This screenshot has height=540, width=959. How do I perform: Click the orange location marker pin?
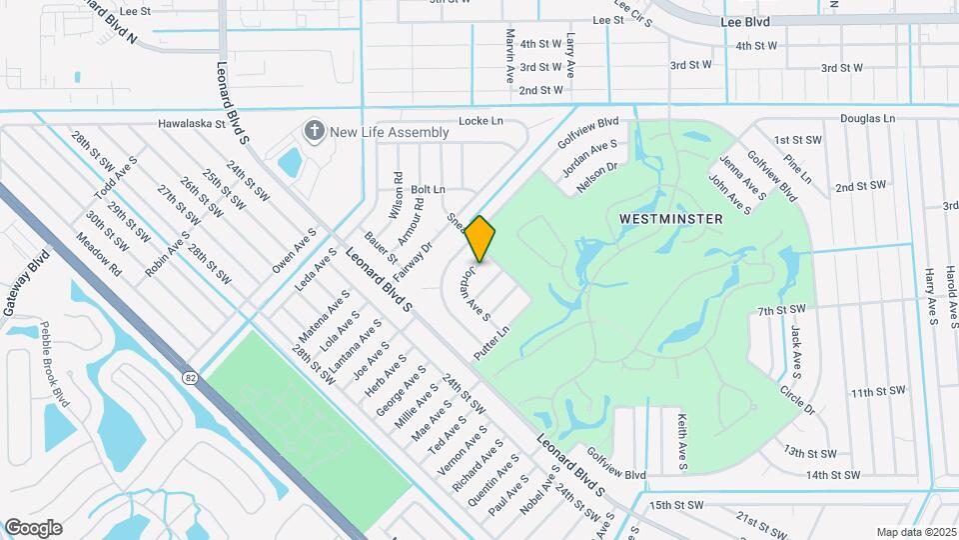point(480,238)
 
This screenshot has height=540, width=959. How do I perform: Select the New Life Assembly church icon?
point(315,131)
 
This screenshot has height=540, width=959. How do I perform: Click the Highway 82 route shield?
point(190,377)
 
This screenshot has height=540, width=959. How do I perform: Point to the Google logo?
point(33,527)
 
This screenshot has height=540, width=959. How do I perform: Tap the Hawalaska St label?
point(198,124)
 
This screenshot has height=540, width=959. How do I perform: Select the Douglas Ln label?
point(867,118)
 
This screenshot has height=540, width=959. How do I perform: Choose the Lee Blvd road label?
point(747,20)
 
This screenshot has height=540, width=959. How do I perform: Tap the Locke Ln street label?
point(480,121)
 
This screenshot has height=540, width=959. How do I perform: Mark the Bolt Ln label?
point(428,189)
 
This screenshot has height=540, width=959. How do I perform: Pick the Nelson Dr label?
point(597,179)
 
